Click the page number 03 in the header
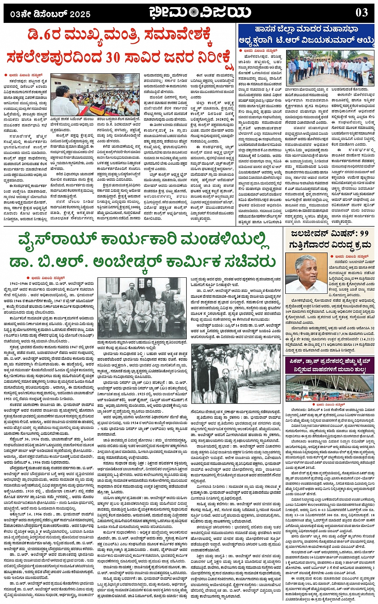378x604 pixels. pos(362,12)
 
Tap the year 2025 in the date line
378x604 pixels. pos(80,14)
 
